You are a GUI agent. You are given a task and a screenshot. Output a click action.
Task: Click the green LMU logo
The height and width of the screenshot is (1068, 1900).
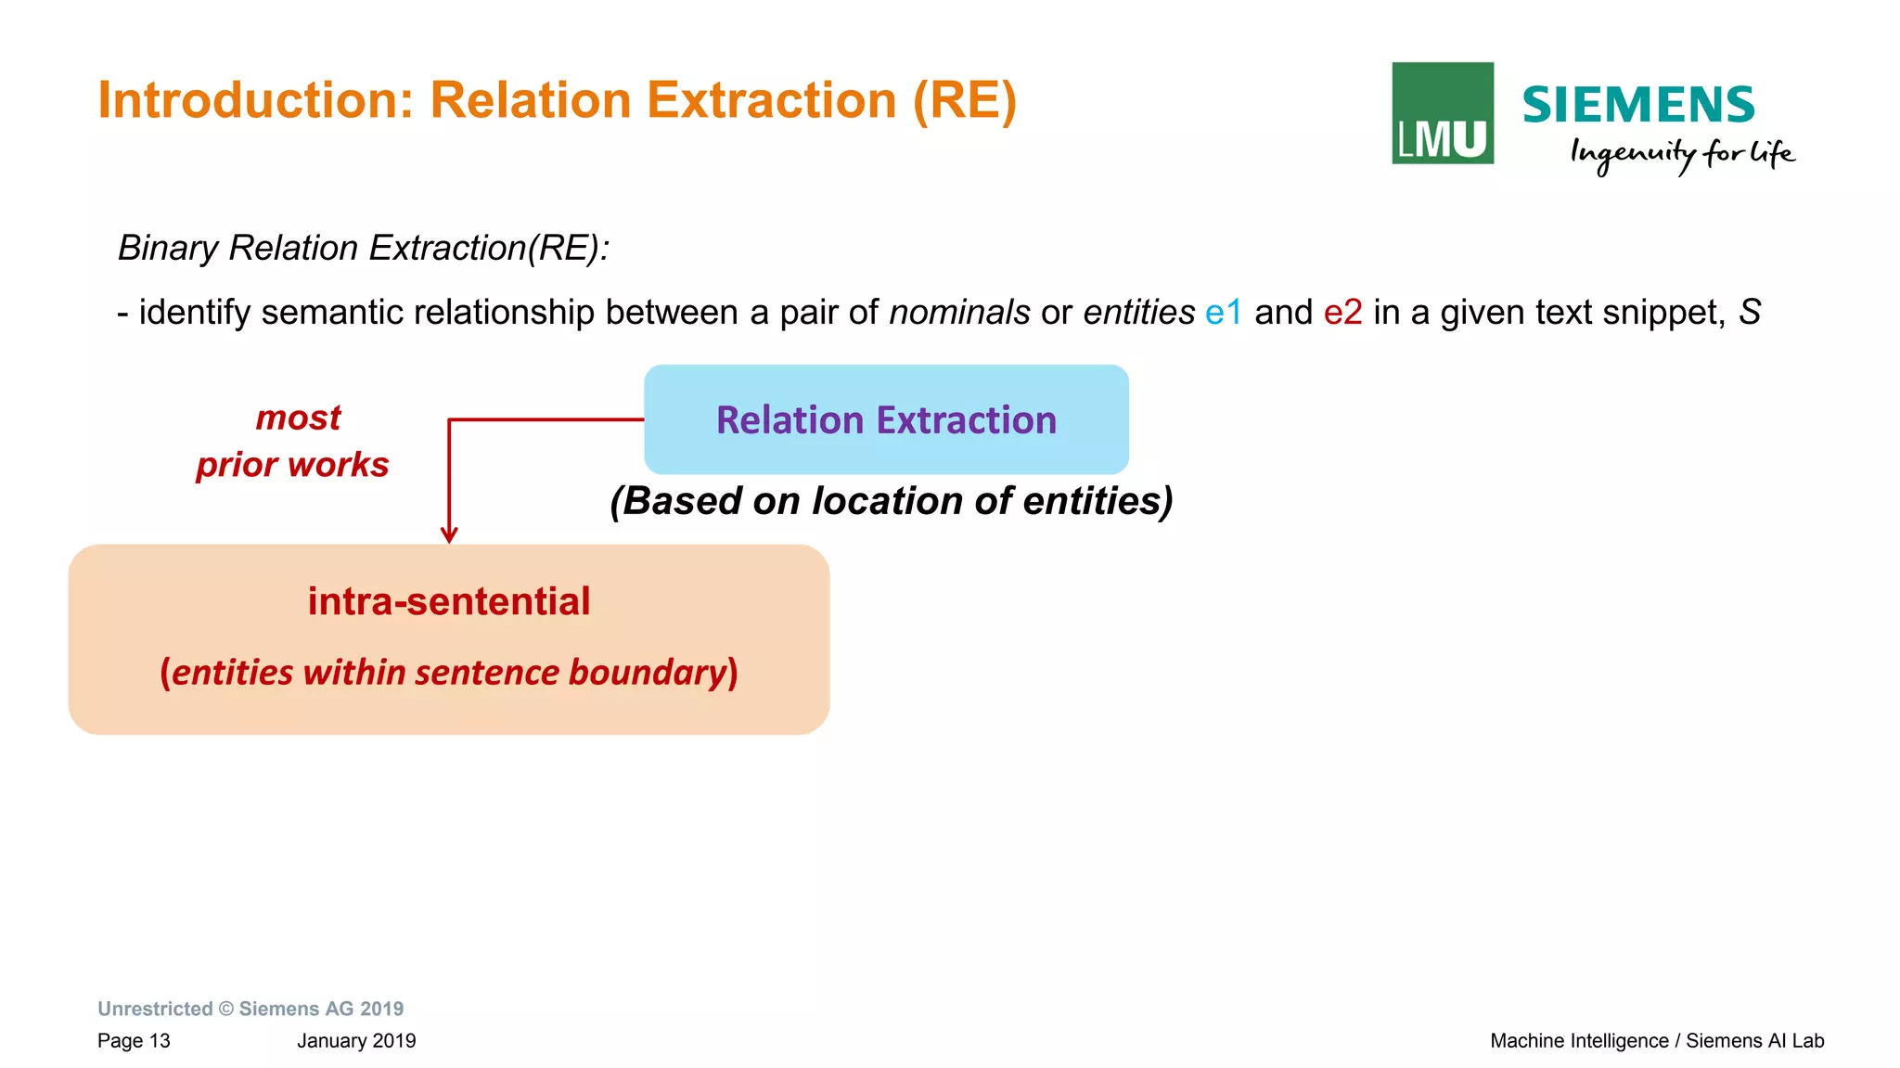[x=1442, y=113]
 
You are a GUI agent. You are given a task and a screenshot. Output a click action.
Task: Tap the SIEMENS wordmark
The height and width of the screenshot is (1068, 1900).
[x=1638, y=105]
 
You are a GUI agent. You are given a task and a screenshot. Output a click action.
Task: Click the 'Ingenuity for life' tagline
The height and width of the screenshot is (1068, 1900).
[x=1682, y=154]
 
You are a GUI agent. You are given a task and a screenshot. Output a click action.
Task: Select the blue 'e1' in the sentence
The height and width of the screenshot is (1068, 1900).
[x=1223, y=313]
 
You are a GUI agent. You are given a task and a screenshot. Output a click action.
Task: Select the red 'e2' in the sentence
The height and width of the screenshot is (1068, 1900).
[x=1342, y=313]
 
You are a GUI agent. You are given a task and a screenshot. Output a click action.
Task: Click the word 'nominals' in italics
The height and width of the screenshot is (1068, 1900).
[x=959, y=313]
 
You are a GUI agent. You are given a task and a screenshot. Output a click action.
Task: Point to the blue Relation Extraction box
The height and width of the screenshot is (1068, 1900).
[x=886, y=419]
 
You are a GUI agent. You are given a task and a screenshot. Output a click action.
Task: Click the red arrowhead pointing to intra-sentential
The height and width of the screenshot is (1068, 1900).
[x=449, y=535]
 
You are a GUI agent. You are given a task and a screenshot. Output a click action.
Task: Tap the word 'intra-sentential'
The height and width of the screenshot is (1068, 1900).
[x=449, y=601]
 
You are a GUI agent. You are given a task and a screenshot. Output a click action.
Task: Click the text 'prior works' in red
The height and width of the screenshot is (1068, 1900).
[x=292, y=464]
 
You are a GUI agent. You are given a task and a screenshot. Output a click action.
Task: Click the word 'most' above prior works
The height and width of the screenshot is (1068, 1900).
[x=298, y=418]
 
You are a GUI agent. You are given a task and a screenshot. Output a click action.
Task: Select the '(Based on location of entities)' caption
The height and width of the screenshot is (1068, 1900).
[x=891, y=501]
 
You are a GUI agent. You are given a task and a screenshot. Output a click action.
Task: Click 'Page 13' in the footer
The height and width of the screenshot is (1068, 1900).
[x=134, y=1041]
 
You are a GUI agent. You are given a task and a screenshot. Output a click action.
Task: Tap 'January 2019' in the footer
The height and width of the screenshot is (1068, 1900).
[x=356, y=1041]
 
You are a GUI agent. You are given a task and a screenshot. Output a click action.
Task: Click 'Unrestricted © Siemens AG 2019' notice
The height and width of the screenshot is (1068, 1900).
[x=250, y=1009]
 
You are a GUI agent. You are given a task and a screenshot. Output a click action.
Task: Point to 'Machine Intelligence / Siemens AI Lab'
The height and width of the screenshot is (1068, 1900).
[x=1657, y=1041]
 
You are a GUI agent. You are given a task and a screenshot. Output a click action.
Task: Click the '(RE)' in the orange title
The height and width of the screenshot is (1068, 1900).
[x=965, y=100]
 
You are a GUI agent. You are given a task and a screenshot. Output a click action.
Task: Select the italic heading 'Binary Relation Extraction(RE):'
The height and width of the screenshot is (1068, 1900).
[x=363, y=248]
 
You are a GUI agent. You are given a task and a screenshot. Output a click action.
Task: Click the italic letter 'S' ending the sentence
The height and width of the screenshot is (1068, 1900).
[x=1749, y=313]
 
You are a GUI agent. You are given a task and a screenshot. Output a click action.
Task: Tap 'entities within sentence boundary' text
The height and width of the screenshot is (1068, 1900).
[x=449, y=673]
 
